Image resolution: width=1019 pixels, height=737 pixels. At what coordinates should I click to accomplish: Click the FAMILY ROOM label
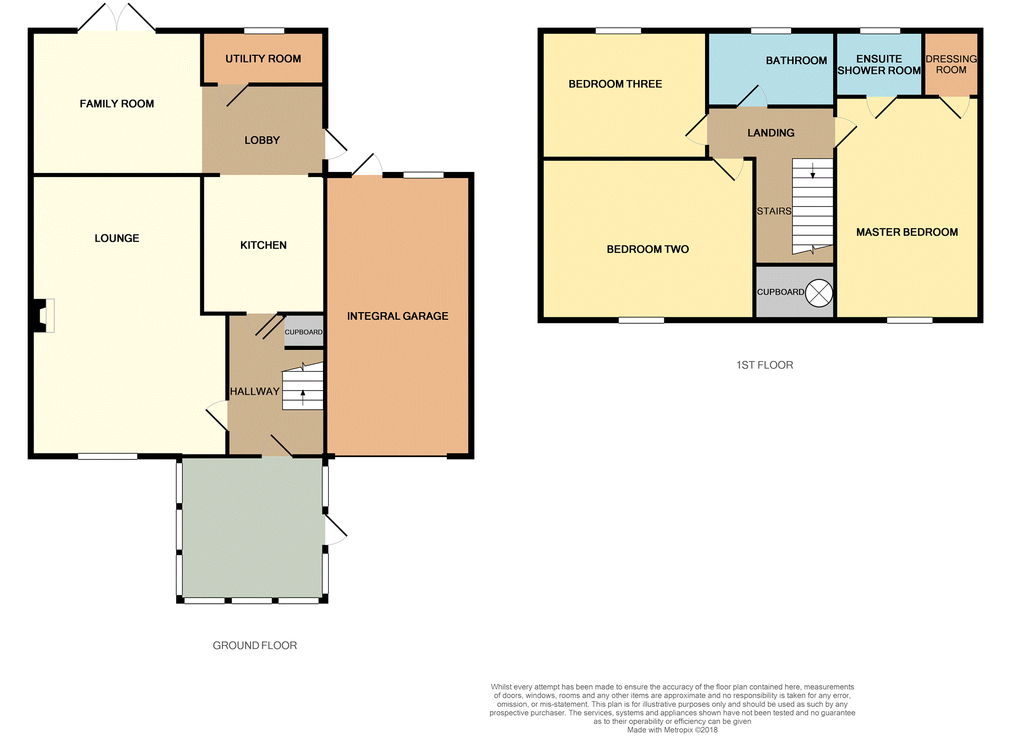pyautogui.click(x=117, y=104)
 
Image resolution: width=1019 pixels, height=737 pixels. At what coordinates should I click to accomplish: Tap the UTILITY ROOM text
pyautogui.click(x=263, y=59)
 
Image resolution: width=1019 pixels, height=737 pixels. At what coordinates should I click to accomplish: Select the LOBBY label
pyautogui.click(x=262, y=140)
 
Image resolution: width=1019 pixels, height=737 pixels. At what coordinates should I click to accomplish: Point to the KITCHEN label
pyautogui.click(x=263, y=245)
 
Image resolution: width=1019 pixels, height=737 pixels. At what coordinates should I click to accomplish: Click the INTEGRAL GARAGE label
pyautogui.click(x=398, y=316)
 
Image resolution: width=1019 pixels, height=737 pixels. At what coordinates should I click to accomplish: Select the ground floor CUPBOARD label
pyautogui.click(x=303, y=332)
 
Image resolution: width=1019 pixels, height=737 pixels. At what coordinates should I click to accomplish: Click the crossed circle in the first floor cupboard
pyautogui.click(x=819, y=293)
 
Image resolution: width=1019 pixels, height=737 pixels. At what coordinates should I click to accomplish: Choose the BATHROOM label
pyautogui.click(x=796, y=60)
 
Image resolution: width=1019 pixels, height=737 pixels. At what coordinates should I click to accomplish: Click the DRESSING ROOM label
pyautogui.click(x=951, y=64)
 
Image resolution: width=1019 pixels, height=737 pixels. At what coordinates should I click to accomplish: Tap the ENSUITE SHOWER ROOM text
pyautogui.click(x=879, y=65)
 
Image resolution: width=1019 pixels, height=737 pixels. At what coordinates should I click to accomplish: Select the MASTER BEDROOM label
pyautogui.click(x=907, y=232)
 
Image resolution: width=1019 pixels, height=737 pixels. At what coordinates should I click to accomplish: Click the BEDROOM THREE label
pyautogui.click(x=615, y=84)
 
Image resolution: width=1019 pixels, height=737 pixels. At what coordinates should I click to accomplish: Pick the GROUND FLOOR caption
pyautogui.click(x=255, y=646)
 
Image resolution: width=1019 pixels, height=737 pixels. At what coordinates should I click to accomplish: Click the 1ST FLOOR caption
pyautogui.click(x=764, y=365)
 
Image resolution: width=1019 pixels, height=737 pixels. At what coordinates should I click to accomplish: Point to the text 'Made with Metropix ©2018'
pyautogui.click(x=672, y=730)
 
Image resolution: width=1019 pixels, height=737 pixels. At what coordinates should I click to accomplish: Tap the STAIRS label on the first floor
pyautogui.click(x=774, y=211)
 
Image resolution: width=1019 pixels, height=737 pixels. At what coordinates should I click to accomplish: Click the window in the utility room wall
pyautogui.click(x=264, y=31)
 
